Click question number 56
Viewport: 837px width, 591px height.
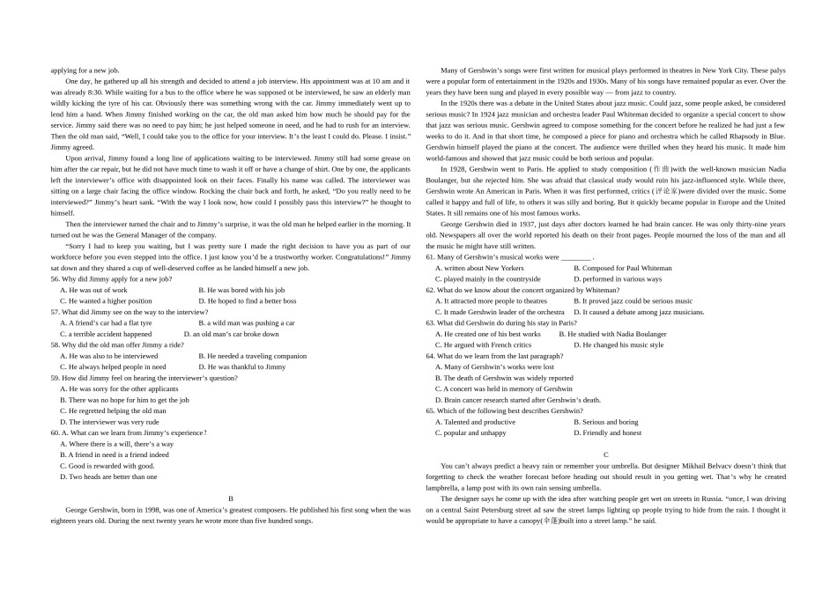point(56,278)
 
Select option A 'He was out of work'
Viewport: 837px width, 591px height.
point(93,290)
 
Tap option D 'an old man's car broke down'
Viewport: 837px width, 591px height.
point(231,334)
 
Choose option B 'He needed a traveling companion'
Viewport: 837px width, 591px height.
point(252,356)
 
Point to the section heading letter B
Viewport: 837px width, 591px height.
point(231,499)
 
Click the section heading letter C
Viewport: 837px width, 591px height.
point(606,454)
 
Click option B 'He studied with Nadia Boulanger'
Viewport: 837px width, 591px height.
point(612,334)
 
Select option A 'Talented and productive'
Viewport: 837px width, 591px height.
point(475,422)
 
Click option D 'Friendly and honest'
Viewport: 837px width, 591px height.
point(611,432)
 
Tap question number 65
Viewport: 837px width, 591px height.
point(431,410)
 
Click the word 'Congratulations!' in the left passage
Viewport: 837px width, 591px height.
point(359,256)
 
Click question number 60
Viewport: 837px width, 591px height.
point(56,432)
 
